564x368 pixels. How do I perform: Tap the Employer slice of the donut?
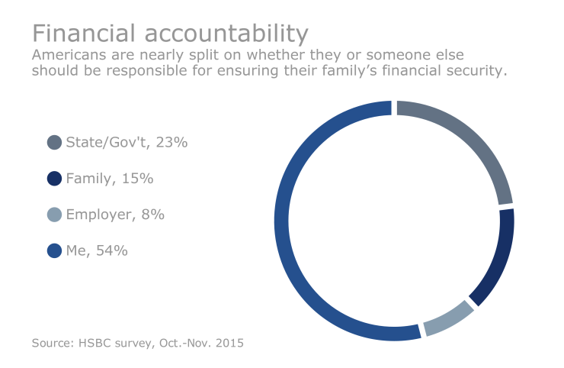[x=449, y=322]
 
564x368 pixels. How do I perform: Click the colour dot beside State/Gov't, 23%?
[x=54, y=142]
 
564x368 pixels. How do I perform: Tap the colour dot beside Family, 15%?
[x=54, y=179]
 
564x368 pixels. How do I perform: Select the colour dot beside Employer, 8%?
[x=54, y=215]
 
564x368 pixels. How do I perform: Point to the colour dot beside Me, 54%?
[x=54, y=250]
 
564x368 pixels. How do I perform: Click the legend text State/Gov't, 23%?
[x=127, y=142]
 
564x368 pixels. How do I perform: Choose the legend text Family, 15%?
[x=110, y=179]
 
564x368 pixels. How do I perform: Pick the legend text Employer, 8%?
[x=115, y=215]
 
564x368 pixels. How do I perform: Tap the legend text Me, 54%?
[x=97, y=250]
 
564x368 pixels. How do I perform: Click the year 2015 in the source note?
[x=229, y=344]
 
